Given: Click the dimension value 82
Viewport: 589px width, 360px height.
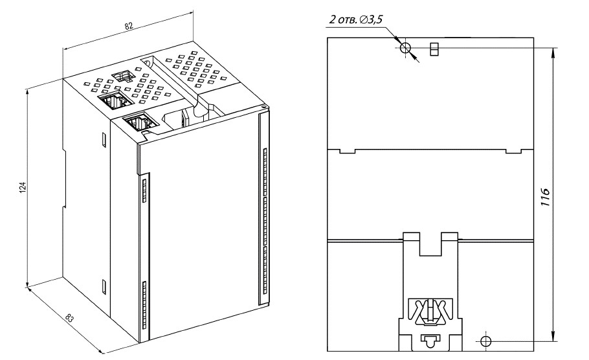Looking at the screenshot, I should (x=129, y=25).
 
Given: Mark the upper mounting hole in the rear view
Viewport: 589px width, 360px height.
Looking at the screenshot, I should (x=406, y=48).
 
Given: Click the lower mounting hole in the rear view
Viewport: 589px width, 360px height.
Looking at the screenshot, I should (x=487, y=341).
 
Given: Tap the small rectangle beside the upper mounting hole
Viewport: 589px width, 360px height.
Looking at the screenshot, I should (x=434, y=48).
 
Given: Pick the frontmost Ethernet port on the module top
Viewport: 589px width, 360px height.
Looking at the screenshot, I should (x=137, y=122).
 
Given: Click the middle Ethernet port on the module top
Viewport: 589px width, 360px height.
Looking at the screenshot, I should (x=115, y=101).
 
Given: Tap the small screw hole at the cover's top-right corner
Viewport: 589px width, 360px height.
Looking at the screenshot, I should (x=263, y=107).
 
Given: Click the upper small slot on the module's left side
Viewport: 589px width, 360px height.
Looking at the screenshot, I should (x=104, y=139).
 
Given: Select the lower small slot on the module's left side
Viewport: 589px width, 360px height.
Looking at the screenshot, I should (x=104, y=286).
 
